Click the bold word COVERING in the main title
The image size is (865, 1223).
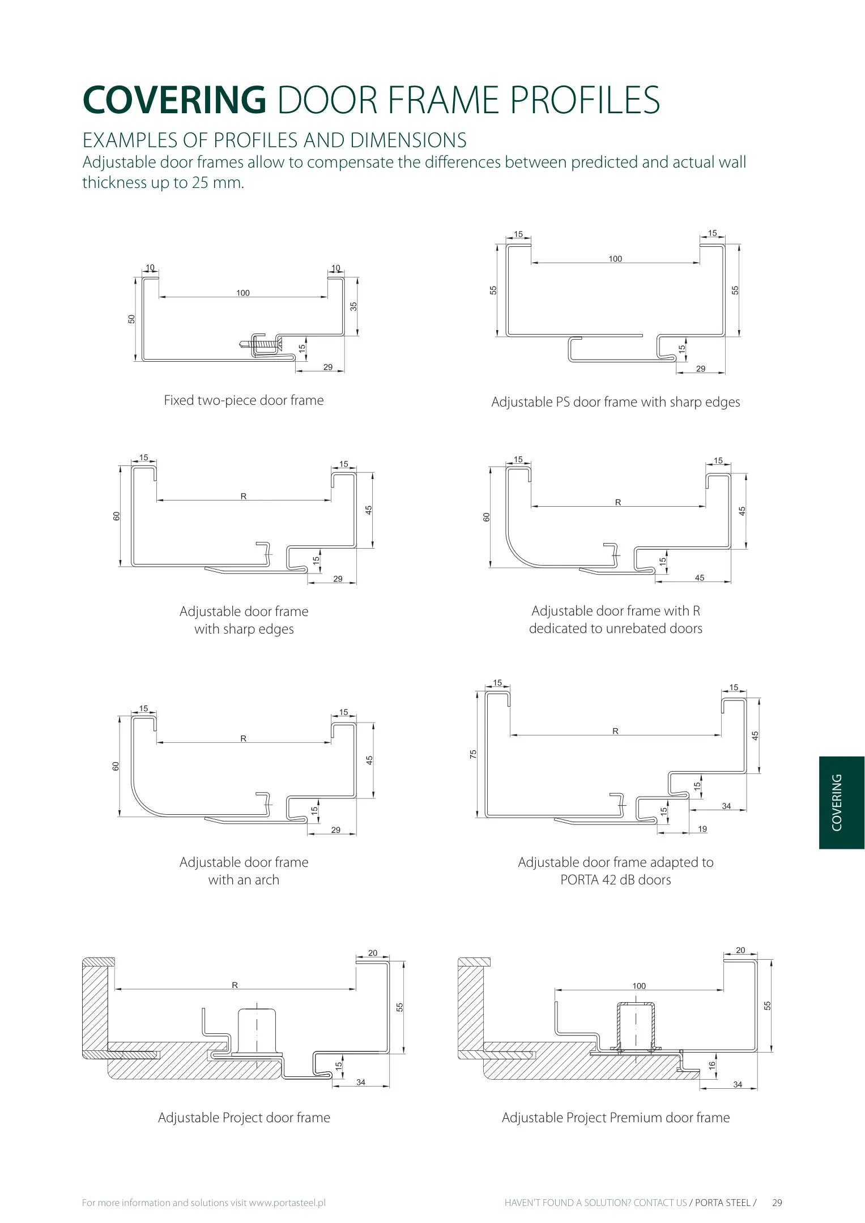174,100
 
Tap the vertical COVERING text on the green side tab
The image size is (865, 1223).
837,802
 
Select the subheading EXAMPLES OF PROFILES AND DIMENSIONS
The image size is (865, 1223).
275,140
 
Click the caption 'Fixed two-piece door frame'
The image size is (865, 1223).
244,400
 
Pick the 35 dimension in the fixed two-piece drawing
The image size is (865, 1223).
353,306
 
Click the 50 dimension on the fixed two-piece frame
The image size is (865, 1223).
132,319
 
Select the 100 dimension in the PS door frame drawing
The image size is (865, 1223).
615,259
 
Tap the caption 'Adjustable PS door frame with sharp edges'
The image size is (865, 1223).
616,402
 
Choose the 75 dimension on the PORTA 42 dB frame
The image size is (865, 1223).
474,754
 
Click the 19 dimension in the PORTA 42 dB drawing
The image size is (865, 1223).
702,829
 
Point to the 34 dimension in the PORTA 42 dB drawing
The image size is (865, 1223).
727,806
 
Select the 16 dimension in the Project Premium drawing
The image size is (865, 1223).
712,1064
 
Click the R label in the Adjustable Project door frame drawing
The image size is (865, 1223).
235,985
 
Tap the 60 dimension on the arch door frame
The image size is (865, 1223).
116,766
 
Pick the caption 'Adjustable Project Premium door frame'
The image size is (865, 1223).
616,1118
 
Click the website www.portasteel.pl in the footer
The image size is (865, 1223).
287,1203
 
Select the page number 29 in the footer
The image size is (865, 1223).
777,1203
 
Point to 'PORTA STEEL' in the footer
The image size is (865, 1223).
723,1203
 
